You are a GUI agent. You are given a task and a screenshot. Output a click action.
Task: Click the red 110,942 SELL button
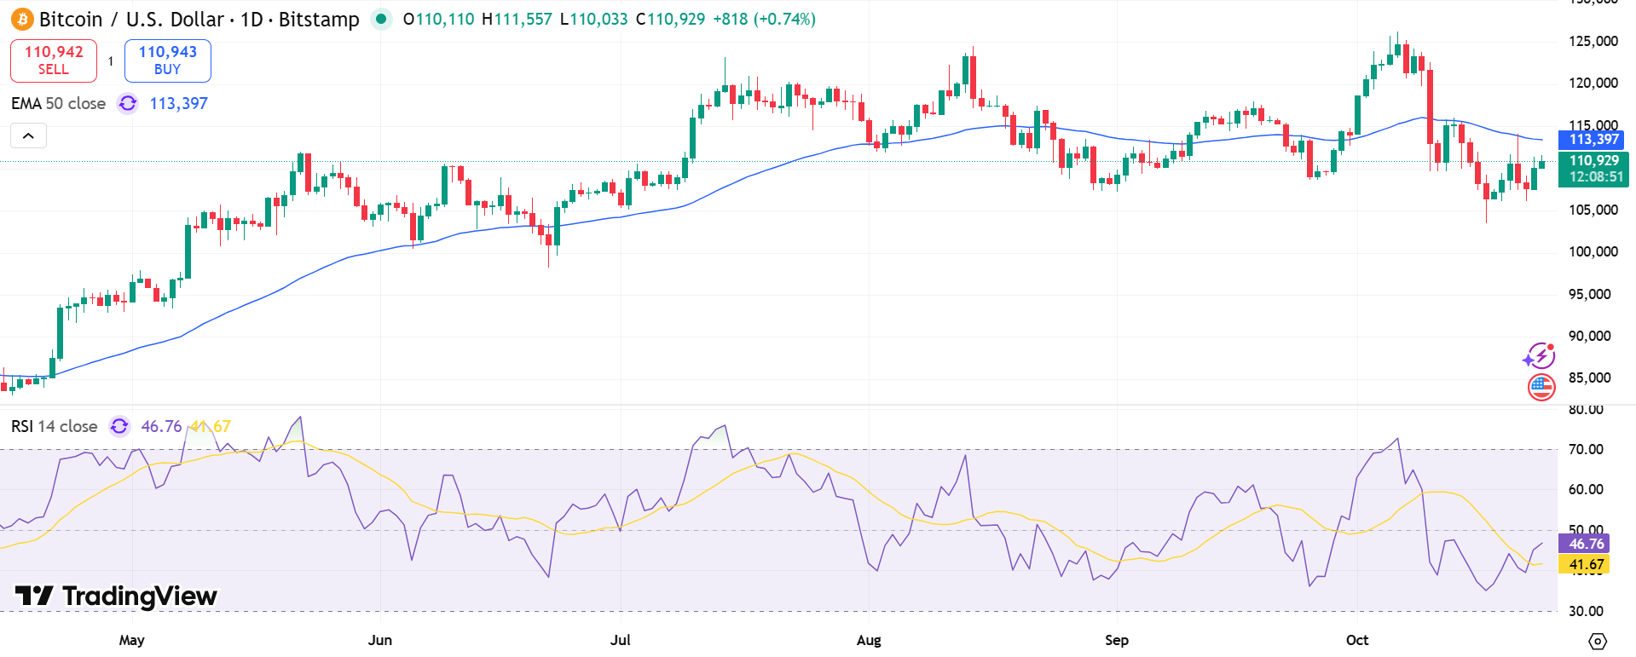point(54,61)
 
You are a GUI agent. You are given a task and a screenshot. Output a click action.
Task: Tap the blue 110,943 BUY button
point(168,61)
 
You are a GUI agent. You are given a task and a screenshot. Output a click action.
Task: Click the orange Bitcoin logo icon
point(22,19)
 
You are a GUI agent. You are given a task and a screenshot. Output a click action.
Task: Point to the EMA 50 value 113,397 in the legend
point(178,104)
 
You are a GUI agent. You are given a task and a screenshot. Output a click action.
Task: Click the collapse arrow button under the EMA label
point(28,135)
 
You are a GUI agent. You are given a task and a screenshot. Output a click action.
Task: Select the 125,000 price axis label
point(1593,41)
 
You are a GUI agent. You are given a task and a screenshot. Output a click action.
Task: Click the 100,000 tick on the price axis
point(1593,251)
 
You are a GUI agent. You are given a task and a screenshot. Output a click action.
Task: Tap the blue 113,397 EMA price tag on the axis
point(1593,140)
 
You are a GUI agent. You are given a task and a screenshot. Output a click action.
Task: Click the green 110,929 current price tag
point(1593,169)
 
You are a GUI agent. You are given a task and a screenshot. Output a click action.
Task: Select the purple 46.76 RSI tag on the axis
point(1585,544)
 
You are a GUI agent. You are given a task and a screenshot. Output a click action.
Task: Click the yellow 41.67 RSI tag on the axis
point(1585,564)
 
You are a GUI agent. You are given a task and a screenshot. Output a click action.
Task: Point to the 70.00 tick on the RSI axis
point(1586,449)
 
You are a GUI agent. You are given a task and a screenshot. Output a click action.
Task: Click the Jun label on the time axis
point(379,640)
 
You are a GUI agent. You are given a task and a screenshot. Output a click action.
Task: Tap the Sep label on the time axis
point(1116,640)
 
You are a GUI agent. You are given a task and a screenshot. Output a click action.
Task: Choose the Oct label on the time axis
point(1356,640)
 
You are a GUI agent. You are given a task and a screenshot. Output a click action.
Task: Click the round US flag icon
point(1541,387)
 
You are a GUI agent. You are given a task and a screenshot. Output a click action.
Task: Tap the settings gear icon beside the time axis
point(1598,641)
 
